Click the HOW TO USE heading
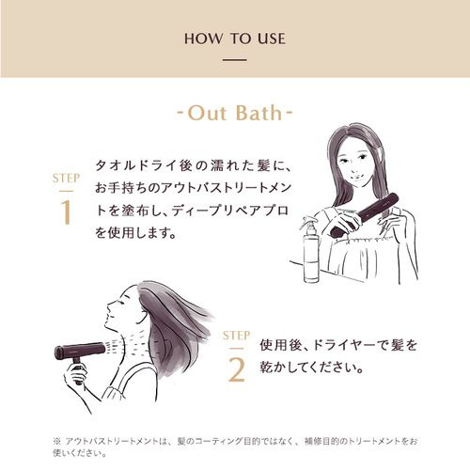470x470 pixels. coord(235,39)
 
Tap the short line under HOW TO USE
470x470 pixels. coord(235,59)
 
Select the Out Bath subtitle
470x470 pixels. coord(235,113)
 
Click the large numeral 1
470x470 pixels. coord(67,212)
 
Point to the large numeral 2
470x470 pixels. coord(237,369)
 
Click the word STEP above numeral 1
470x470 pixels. coord(66,179)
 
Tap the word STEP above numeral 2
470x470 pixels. coord(236,336)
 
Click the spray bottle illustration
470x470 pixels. coord(310,249)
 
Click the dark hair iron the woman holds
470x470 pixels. coord(365,214)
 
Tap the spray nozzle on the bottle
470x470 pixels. coord(306,222)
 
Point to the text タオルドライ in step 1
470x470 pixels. coord(136,165)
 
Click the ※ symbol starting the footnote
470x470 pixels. coord(57,442)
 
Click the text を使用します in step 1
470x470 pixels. coord(132,232)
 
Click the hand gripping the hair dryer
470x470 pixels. coord(75,374)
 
